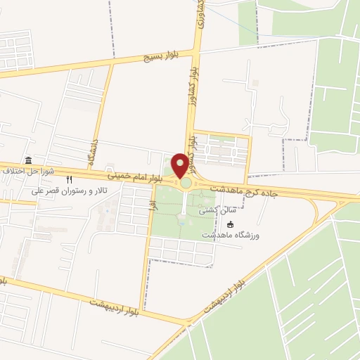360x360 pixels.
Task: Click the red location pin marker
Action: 181,166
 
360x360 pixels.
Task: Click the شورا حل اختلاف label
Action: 24,171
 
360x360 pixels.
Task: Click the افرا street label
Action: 151,205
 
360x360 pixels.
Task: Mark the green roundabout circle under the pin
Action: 186,184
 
